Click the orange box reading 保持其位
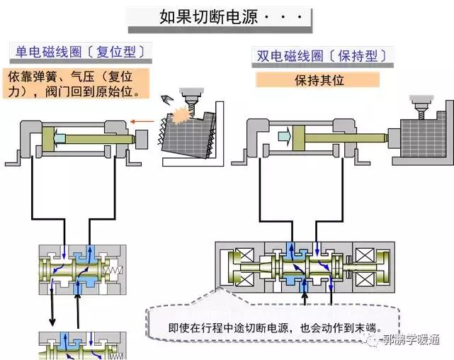pyautogui.click(x=319, y=80)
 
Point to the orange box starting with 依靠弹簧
pyautogui.click(x=79, y=84)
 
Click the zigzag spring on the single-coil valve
pyautogui.click(x=112, y=271)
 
